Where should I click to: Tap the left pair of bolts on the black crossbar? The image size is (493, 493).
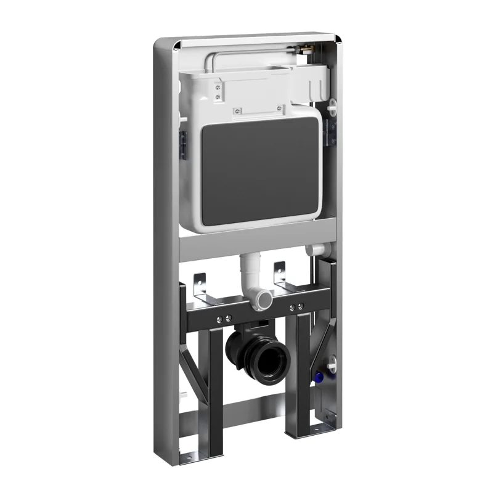[224, 319]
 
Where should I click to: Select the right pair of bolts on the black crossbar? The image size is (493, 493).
[296, 307]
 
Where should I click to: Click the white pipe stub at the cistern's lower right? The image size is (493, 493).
[314, 250]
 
